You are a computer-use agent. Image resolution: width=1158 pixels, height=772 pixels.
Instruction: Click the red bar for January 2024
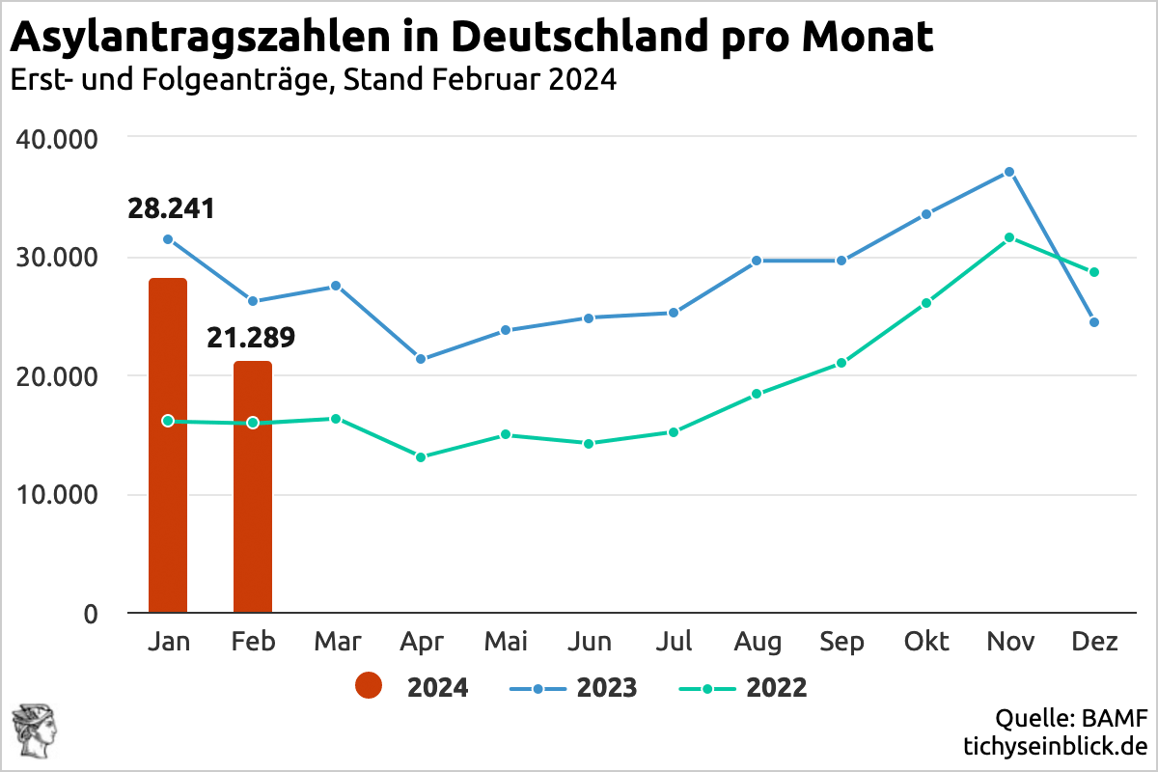tap(168, 444)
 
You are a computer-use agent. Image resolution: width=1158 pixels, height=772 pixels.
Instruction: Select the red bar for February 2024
tap(253, 486)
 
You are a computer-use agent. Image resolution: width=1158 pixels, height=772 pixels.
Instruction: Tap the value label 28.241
tap(171, 208)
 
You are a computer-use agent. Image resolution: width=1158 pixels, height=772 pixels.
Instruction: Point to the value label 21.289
tap(251, 338)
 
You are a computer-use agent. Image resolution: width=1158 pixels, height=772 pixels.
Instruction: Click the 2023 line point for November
tap(1009, 172)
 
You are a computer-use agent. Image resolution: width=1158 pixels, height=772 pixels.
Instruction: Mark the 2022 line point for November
tap(1009, 237)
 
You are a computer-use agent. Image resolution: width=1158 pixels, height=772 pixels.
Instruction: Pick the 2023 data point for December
tap(1094, 322)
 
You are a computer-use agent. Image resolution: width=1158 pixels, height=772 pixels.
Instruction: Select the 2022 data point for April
tap(421, 456)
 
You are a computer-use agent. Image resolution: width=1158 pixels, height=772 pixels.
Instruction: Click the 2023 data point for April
tap(421, 359)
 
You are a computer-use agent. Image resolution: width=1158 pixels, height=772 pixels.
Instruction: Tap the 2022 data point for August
tap(757, 394)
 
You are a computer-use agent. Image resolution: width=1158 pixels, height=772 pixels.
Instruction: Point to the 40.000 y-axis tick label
tap(58, 139)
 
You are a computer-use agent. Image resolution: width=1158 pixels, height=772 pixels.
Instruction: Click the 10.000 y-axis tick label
tap(58, 495)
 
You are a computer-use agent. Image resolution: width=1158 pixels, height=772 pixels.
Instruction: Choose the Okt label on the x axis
tap(925, 642)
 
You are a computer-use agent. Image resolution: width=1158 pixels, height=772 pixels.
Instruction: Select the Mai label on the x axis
tap(506, 642)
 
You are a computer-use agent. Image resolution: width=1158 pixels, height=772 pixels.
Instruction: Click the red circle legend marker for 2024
tap(369, 687)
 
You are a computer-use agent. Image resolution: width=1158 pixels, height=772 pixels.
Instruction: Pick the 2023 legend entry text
tap(607, 688)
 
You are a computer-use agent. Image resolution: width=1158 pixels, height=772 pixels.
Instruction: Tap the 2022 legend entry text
tap(776, 688)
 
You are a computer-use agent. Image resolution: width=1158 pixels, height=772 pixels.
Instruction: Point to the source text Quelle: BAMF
tap(1071, 718)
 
